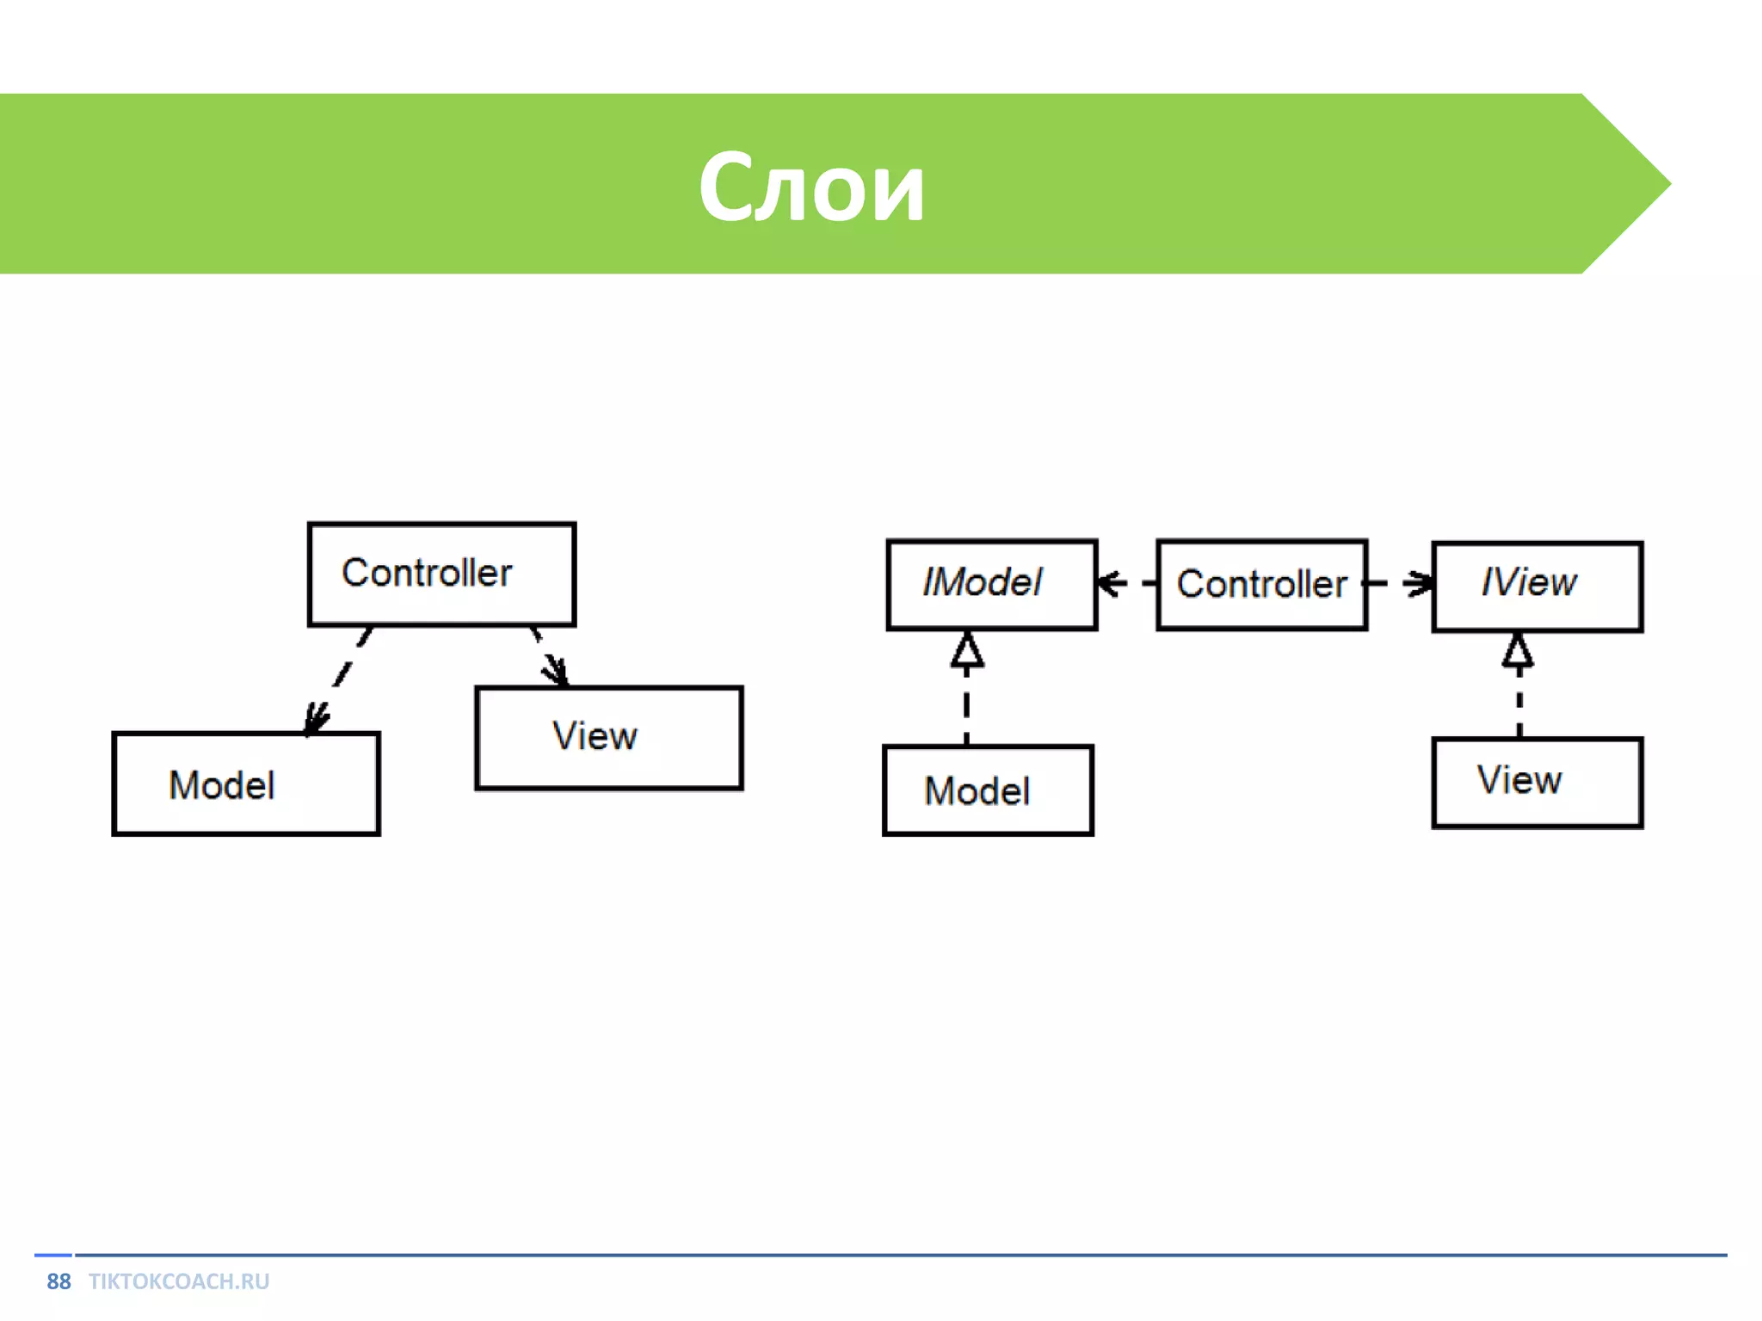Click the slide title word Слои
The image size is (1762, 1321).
pos(810,187)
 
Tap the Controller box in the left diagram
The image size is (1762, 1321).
pos(441,574)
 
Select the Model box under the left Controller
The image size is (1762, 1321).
pos(246,783)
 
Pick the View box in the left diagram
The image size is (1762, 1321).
pos(609,737)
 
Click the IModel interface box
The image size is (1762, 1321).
pos(992,585)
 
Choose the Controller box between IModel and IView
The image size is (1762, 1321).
pos(1262,585)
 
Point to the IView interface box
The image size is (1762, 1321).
pos(1537,587)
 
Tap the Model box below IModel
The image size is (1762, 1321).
pos(989,790)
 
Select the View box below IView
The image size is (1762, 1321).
pos(1537,783)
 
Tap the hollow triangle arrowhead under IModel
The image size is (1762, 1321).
pos(967,651)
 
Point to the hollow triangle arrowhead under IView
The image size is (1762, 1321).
pos(1519,651)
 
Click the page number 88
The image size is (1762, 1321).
pos(59,1281)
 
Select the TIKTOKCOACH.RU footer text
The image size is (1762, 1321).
pos(179,1281)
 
